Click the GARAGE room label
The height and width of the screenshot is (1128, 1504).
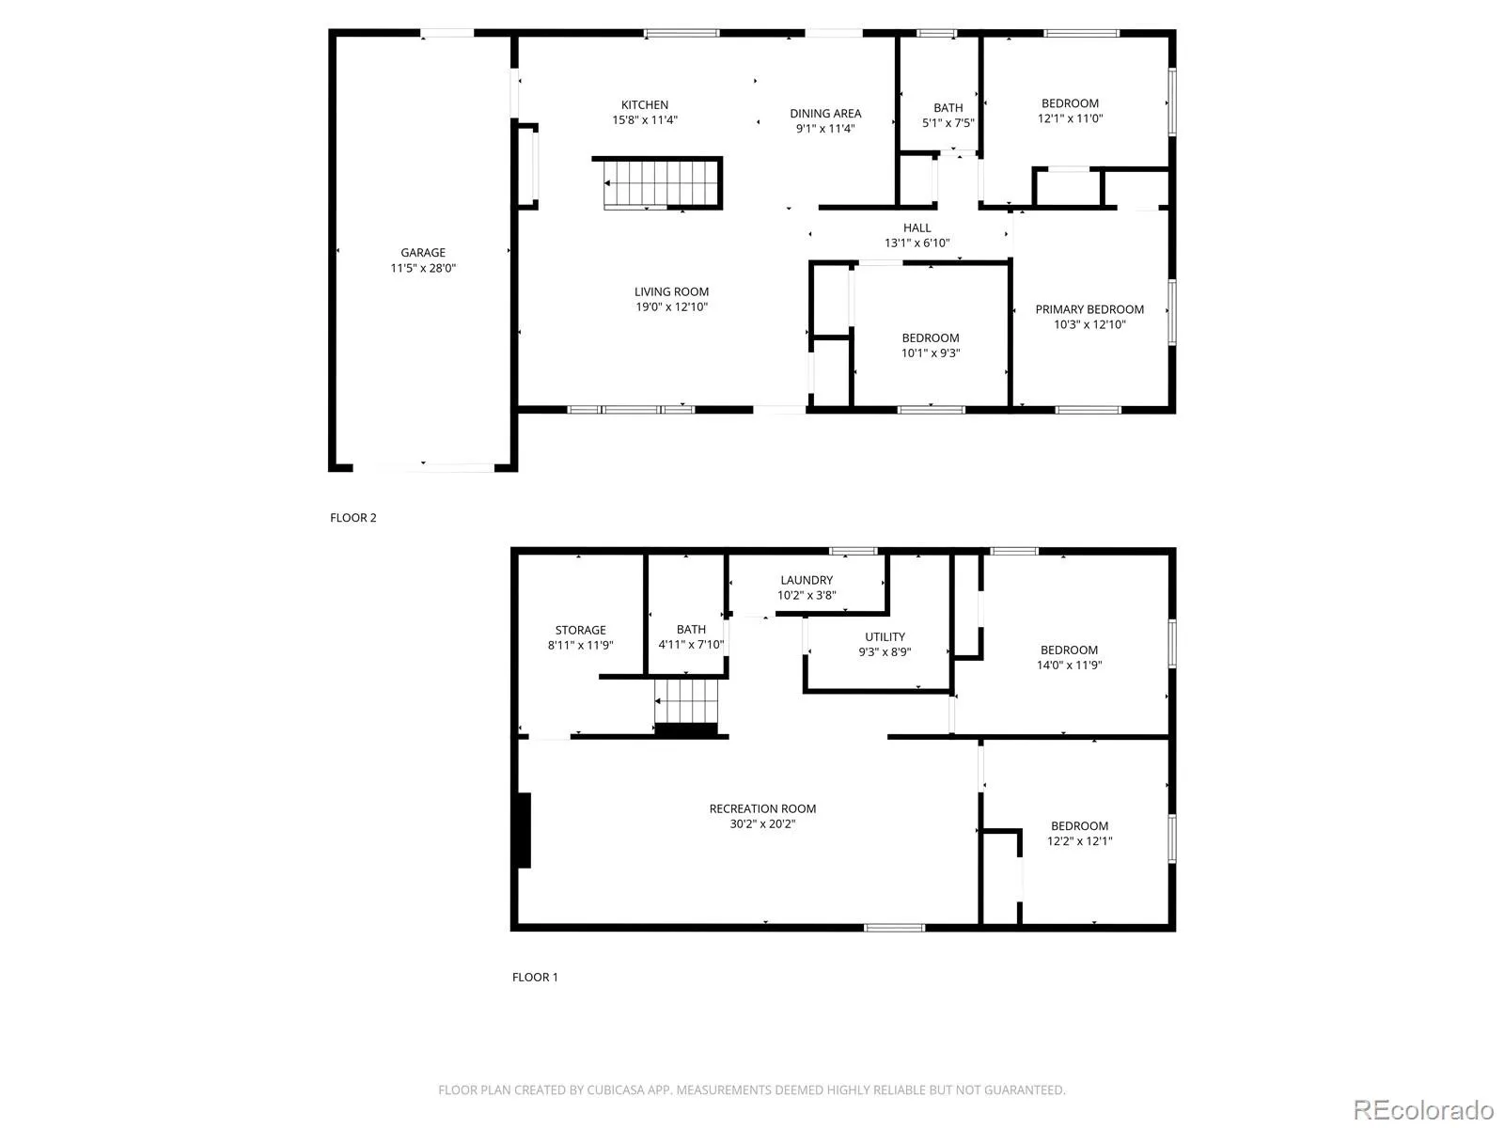point(423,253)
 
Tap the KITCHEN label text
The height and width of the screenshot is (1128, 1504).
point(644,104)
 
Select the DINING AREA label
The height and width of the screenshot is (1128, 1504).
point(825,114)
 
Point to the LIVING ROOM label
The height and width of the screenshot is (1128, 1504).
point(671,291)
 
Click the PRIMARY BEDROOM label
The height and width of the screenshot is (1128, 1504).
point(1089,309)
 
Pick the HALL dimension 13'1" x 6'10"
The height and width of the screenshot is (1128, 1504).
point(916,243)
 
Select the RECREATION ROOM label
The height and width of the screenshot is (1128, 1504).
point(762,808)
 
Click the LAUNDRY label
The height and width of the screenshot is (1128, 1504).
point(807,580)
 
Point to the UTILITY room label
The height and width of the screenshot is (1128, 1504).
point(885,637)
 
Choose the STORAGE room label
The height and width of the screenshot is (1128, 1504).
point(580,630)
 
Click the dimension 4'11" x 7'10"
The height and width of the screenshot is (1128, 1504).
point(691,645)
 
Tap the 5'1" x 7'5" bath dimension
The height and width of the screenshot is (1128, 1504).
point(948,123)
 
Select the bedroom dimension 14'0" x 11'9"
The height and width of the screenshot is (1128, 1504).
point(1069,665)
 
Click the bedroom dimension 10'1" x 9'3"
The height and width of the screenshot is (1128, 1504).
point(930,353)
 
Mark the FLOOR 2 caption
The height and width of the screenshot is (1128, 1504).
point(352,518)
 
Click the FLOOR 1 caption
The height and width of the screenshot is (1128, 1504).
point(535,978)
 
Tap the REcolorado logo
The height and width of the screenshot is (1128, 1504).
point(1423,1109)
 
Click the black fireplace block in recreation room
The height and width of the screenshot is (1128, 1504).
point(525,831)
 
